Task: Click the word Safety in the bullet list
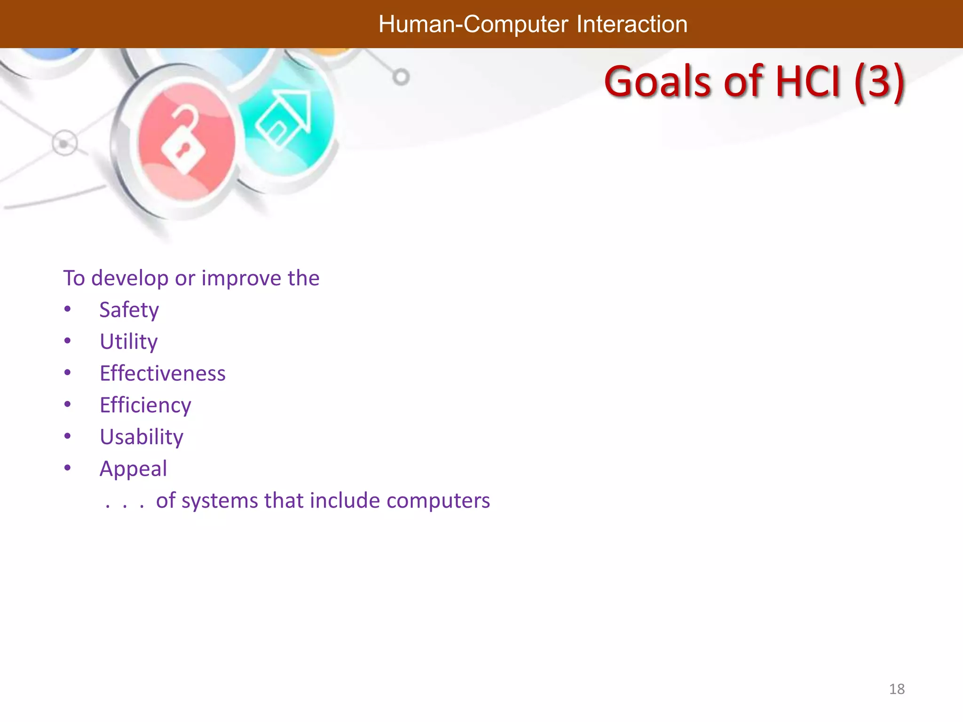point(129,310)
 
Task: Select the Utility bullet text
point(128,342)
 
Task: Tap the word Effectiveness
point(162,374)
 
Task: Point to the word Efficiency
point(145,405)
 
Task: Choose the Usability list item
point(141,437)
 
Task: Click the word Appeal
point(133,469)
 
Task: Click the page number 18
point(897,689)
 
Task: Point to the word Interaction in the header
point(631,24)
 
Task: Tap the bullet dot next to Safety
point(68,309)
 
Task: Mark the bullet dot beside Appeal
point(68,468)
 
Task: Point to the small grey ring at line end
point(401,77)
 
